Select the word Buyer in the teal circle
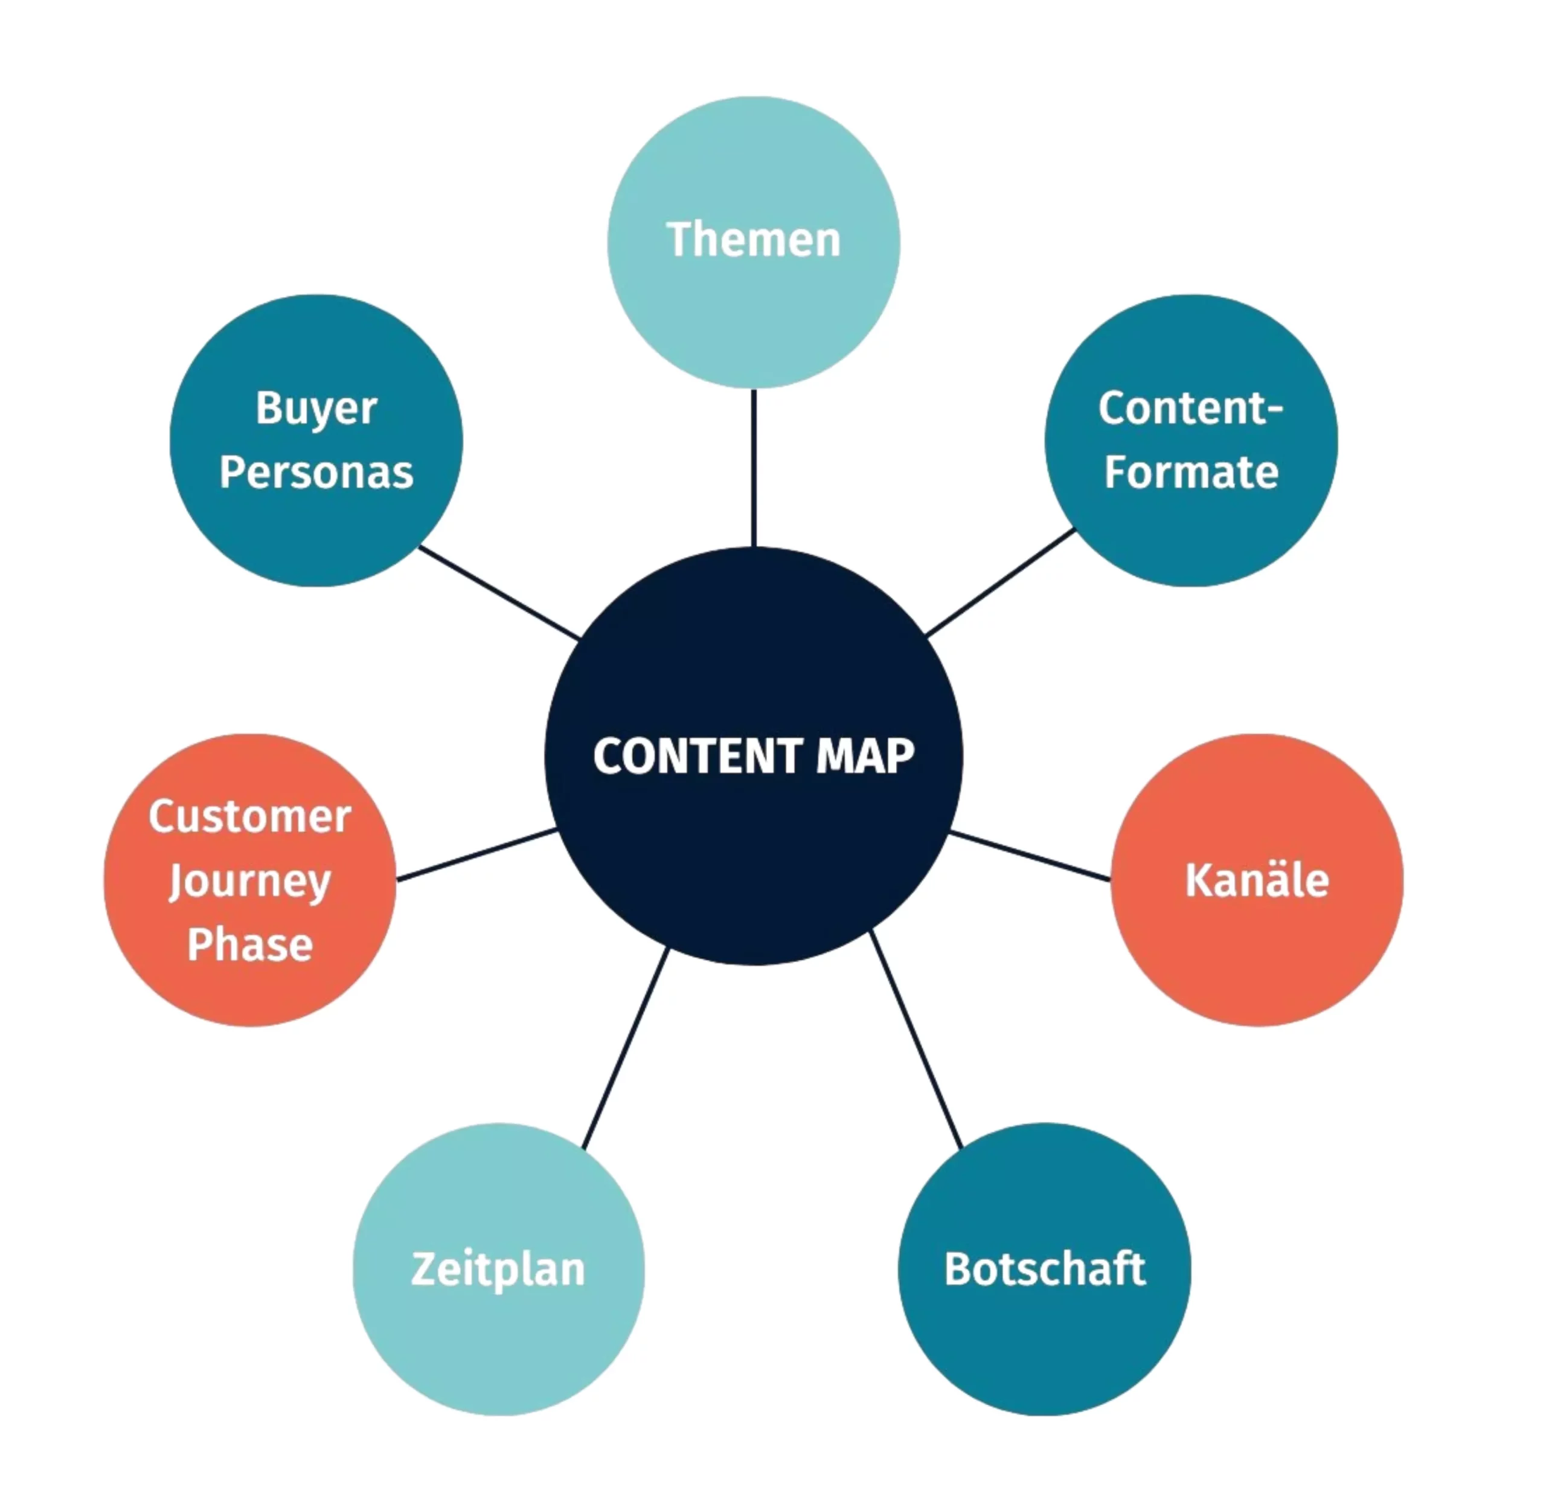click(316, 409)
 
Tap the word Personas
click(316, 473)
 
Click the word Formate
click(1191, 473)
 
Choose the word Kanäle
click(1257, 880)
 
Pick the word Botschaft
click(1044, 1269)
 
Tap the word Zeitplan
click(498, 1269)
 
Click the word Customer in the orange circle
click(250, 817)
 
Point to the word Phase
click(250, 944)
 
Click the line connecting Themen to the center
click(753, 468)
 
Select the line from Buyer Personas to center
click(499, 592)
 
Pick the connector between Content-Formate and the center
click(1001, 583)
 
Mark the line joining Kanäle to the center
click(1029, 856)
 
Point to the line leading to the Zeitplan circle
click(626, 1048)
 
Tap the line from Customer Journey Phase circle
click(476, 855)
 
